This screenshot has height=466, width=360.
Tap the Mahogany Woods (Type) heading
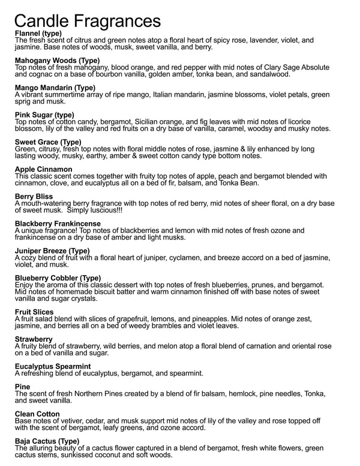57,61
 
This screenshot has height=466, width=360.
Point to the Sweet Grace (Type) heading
47,142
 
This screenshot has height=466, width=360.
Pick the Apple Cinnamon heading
43,169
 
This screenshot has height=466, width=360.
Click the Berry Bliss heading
34,196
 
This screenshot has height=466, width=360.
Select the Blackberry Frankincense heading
58,223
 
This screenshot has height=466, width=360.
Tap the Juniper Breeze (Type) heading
52,250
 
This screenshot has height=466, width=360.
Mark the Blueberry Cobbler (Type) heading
58,277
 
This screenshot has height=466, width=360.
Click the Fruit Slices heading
34,312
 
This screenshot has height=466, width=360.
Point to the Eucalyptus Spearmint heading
53,366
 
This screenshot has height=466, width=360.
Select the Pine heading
22,387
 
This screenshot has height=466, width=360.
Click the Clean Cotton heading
37,414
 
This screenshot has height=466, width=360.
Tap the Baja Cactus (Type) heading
47,441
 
